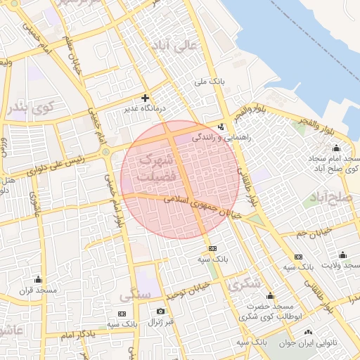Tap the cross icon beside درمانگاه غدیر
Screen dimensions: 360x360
146,98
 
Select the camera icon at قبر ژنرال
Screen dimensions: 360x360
161,311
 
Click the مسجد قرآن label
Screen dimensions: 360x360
37,290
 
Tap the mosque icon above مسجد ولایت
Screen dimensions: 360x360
342,255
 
